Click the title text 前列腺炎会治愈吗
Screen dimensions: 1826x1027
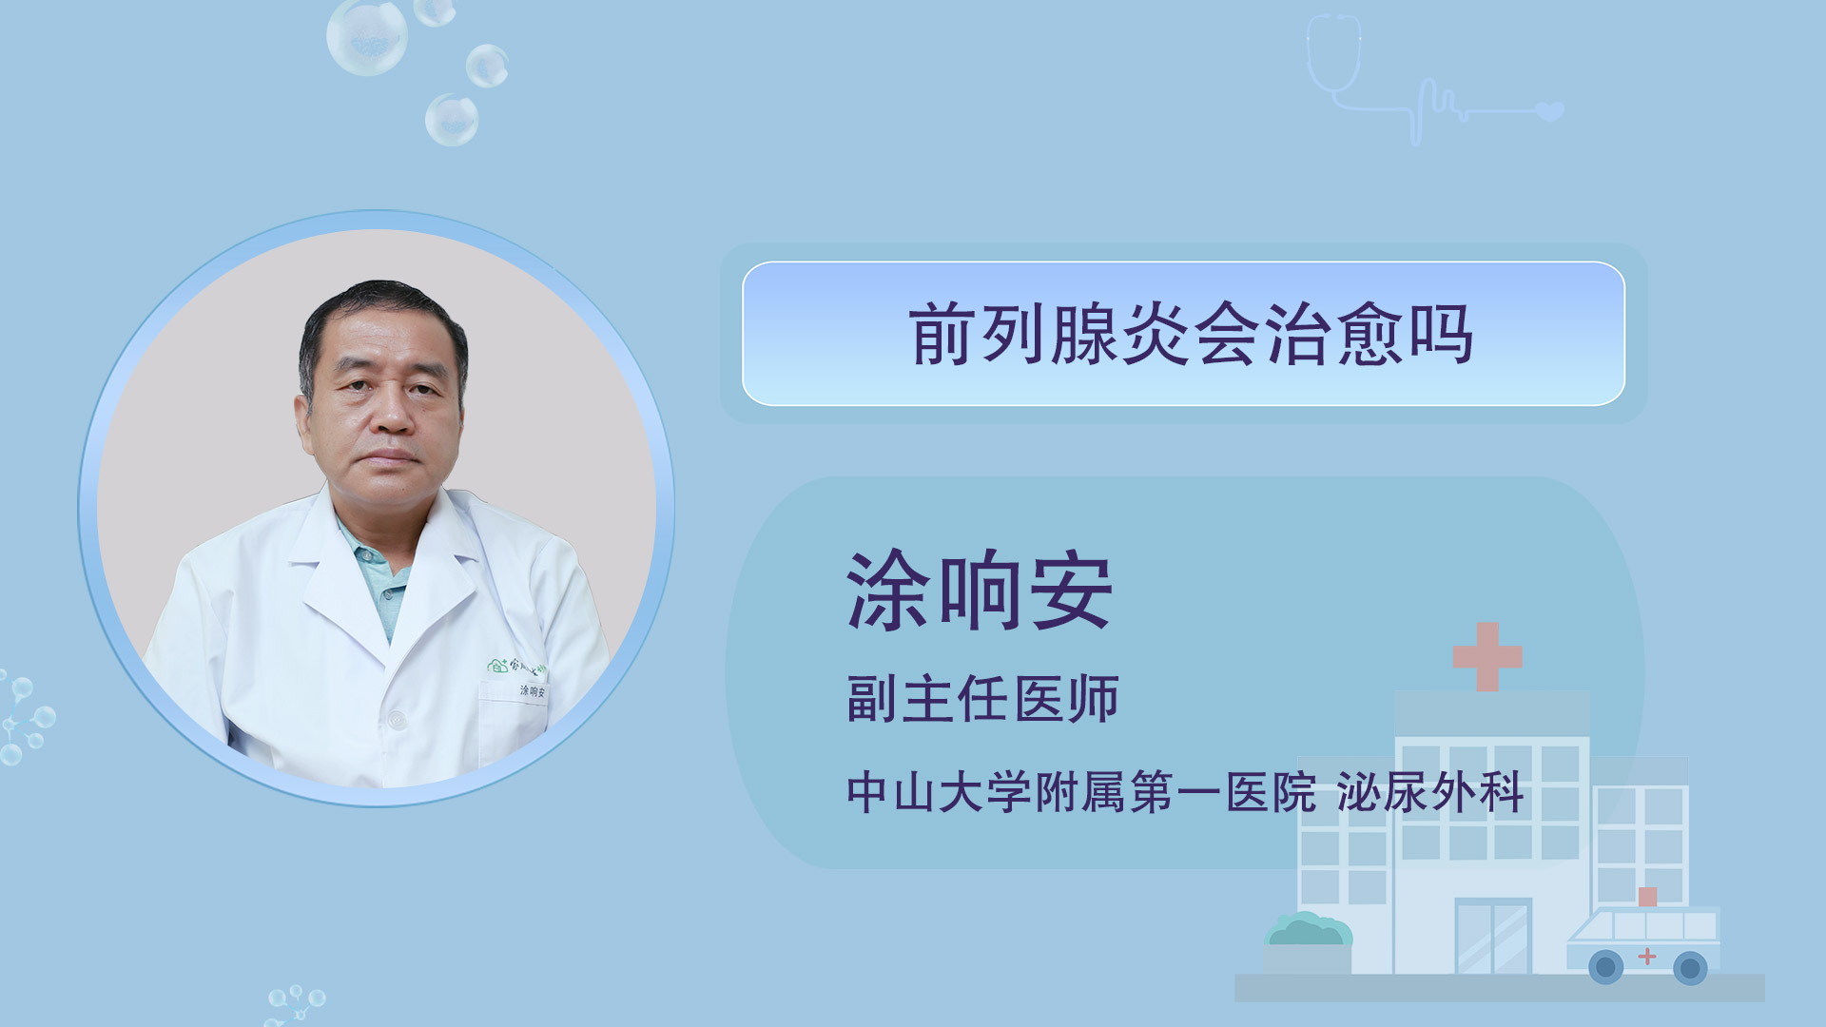click(x=1192, y=334)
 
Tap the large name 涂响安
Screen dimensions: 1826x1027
click(x=980, y=591)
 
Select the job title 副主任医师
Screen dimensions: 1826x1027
click(x=982, y=699)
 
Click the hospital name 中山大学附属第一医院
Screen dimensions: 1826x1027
click(x=1081, y=792)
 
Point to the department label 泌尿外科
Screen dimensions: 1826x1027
click(x=1430, y=792)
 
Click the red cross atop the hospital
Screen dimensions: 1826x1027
click(x=1487, y=656)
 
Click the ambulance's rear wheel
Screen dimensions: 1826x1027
click(x=1606, y=968)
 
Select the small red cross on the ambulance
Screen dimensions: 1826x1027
click(x=1647, y=956)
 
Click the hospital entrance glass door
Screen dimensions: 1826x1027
click(x=1493, y=937)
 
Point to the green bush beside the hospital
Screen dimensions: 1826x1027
click(x=1308, y=929)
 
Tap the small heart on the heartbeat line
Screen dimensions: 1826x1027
click(x=1550, y=111)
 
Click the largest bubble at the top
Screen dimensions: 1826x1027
click(x=367, y=36)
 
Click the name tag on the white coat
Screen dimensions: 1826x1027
click(x=533, y=691)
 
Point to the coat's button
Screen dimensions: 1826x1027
click(x=398, y=721)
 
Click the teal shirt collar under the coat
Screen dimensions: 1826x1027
click(x=379, y=575)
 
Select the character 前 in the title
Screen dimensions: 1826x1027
click(x=942, y=334)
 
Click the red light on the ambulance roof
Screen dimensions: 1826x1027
click(x=1648, y=896)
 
